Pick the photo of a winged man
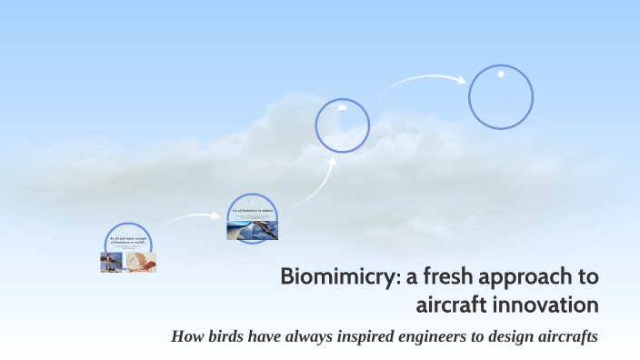pos(112,263)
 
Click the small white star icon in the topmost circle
pos(500,74)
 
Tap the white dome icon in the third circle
pos(342,107)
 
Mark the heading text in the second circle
pos(252,210)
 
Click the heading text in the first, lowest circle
pos(127,241)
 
